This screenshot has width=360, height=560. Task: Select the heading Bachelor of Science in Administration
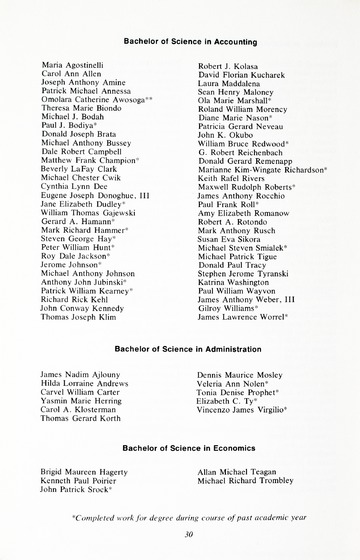coord(180,349)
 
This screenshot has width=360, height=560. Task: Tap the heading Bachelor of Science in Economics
coord(180,451)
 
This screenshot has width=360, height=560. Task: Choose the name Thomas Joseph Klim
coord(80,317)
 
